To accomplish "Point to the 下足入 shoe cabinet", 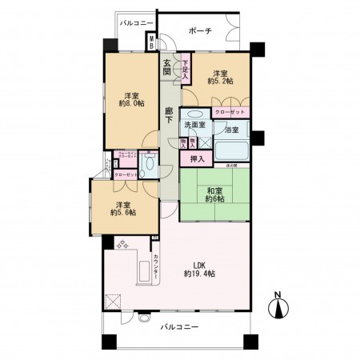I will pyautogui.click(x=185, y=67).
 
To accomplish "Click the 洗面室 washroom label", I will pyautogui.click(x=194, y=126).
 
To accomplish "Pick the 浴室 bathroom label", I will pyautogui.click(x=232, y=129).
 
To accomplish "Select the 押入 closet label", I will pyautogui.click(x=196, y=159).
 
